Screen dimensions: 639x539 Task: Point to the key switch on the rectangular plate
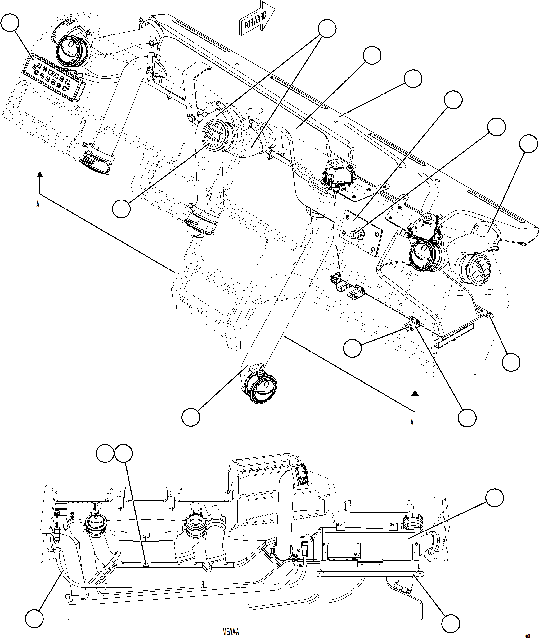357,235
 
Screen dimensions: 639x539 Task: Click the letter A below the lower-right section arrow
412,423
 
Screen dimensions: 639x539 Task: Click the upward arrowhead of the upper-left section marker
39,175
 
